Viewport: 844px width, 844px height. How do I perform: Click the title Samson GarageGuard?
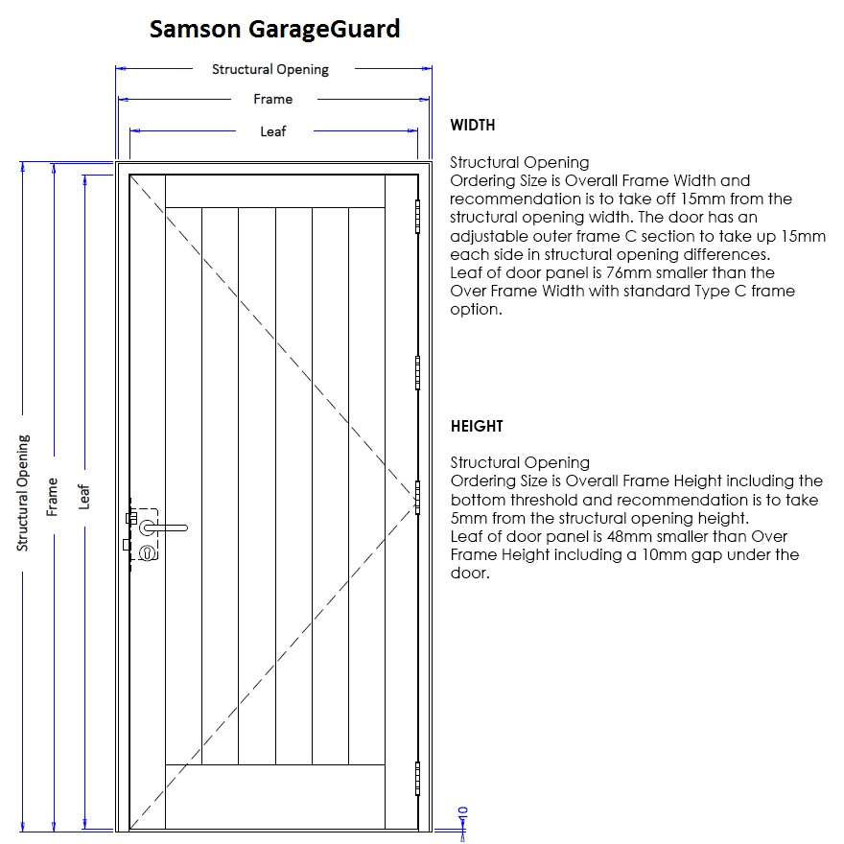(274, 29)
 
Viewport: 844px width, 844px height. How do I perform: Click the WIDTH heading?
(473, 125)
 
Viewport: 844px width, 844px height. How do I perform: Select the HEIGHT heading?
(477, 426)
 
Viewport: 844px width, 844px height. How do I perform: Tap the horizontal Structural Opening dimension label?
(270, 70)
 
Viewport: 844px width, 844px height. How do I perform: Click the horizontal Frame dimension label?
(273, 99)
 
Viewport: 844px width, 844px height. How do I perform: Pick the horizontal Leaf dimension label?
(273, 131)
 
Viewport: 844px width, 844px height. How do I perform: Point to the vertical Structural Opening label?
(23, 493)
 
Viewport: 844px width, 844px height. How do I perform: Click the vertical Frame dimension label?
(52, 497)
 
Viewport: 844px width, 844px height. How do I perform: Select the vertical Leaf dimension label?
(83, 497)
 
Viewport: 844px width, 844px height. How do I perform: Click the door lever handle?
(164, 528)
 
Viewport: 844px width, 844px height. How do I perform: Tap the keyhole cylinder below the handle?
(147, 552)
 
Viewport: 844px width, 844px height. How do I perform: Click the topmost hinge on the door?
(417, 217)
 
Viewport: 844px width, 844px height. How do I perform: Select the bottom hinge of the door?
(417, 779)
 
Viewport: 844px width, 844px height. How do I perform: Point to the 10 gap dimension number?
(462, 812)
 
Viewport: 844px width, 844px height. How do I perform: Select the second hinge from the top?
(417, 372)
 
